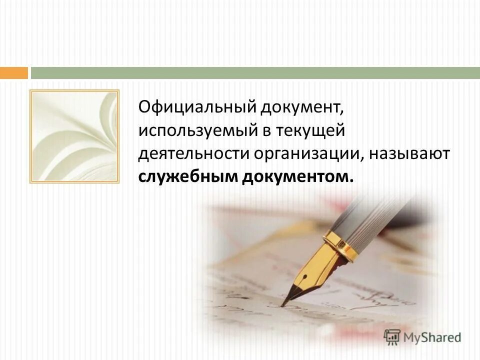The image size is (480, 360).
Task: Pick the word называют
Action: [410, 154]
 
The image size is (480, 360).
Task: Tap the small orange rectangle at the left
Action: [13, 73]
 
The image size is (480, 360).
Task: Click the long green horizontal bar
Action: [255, 73]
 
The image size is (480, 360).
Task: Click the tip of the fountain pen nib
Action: [283, 303]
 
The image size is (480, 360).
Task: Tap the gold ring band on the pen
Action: [341, 245]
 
